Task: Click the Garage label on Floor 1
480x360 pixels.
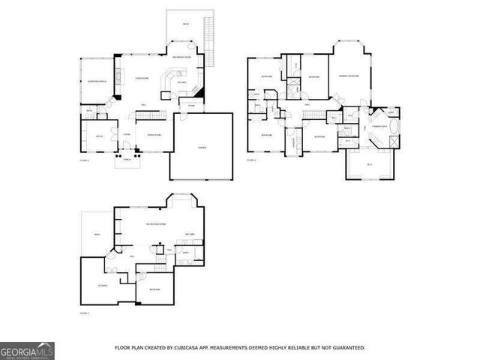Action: [202, 148]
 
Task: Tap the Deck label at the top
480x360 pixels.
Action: [185, 25]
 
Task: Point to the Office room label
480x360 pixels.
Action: [98, 136]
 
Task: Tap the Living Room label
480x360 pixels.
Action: [139, 78]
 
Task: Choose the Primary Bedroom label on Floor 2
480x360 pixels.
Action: [351, 76]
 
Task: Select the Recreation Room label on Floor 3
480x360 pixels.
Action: [156, 224]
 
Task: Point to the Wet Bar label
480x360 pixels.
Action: [190, 234]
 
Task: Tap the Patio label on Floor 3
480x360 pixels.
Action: [97, 235]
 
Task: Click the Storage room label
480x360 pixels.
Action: [103, 286]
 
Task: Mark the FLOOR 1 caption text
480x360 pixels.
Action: [85, 160]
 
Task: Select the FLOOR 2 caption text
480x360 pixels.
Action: [252, 160]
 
